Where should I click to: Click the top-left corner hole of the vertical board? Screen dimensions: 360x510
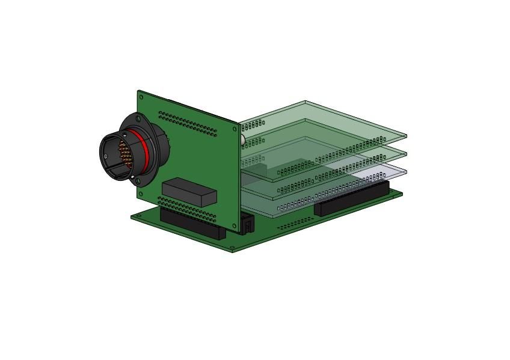point(141,96)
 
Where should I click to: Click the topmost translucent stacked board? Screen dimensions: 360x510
point(337,120)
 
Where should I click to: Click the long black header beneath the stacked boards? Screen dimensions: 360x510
point(352,199)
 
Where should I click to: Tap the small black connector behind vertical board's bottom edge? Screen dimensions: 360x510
point(247,223)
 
